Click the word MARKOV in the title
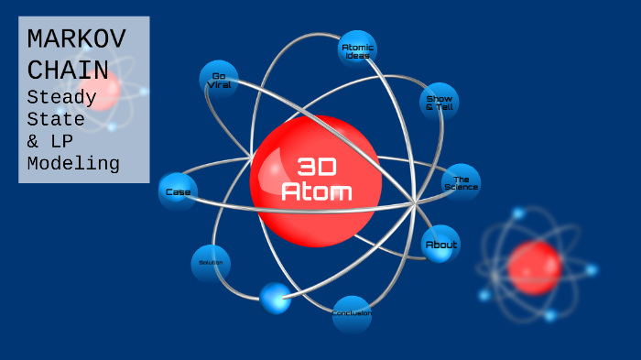77,39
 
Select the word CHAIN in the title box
68,70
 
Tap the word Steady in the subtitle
62,97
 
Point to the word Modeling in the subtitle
73,165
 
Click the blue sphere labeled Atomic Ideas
356,50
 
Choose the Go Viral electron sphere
219,80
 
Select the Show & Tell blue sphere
440,103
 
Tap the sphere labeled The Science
461,183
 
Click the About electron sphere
440,245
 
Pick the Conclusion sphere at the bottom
352,313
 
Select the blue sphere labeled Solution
211,263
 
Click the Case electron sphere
177,192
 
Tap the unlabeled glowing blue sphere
275,298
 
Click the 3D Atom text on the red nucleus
316,179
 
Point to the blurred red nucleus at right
535,267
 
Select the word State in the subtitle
56,119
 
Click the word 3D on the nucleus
317,166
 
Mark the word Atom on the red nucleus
316,191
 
